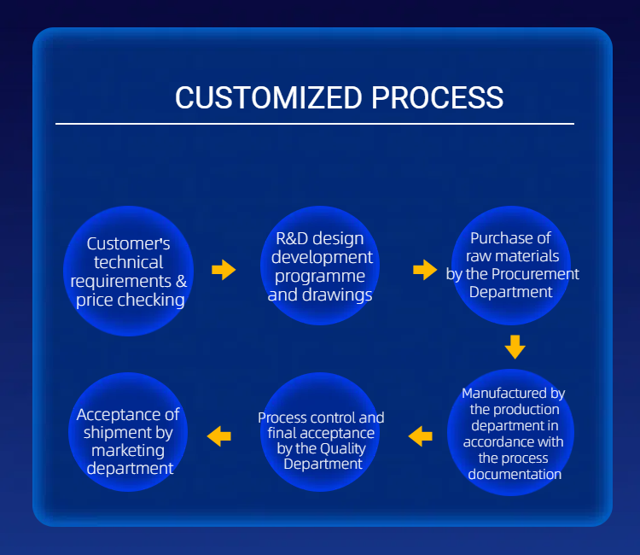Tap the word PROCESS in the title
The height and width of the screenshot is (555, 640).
click(x=438, y=97)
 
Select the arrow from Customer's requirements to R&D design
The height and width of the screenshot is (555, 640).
click(x=224, y=270)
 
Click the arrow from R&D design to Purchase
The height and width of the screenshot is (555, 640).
click(x=425, y=270)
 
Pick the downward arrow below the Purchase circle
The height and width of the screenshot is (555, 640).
click(x=515, y=346)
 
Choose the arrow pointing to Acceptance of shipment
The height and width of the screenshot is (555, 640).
click(x=219, y=435)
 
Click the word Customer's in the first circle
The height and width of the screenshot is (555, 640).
click(x=129, y=244)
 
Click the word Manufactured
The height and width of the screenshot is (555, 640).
click(x=514, y=394)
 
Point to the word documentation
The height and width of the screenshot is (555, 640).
click(x=515, y=474)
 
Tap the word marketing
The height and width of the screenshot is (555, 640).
click(x=128, y=450)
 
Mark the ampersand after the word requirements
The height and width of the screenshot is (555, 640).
click(x=180, y=281)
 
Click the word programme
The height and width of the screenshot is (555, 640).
click(x=321, y=276)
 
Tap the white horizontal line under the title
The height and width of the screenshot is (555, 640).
click(x=315, y=124)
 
